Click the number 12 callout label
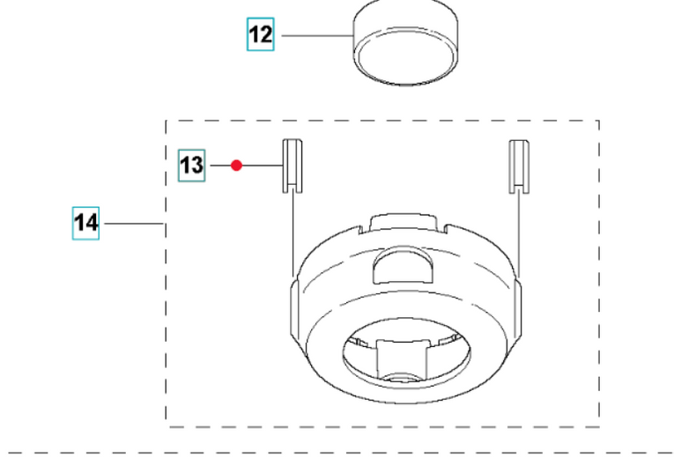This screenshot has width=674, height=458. coord(260,36)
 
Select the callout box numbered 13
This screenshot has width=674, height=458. coord(192,165)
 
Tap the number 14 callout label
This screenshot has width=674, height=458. coord(86,224)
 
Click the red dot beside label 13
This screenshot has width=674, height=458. coord(236,165)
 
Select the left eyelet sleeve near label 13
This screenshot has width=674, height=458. coord(292,165)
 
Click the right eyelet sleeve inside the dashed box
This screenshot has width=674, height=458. coord(519,165)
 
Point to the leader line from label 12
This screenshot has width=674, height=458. coord(313,36)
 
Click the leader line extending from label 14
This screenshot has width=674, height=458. coord(133,225)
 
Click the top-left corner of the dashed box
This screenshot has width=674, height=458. coord(167,122)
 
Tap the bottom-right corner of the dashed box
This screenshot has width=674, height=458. coord(599,425)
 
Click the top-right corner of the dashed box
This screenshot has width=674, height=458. coord(599,122)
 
